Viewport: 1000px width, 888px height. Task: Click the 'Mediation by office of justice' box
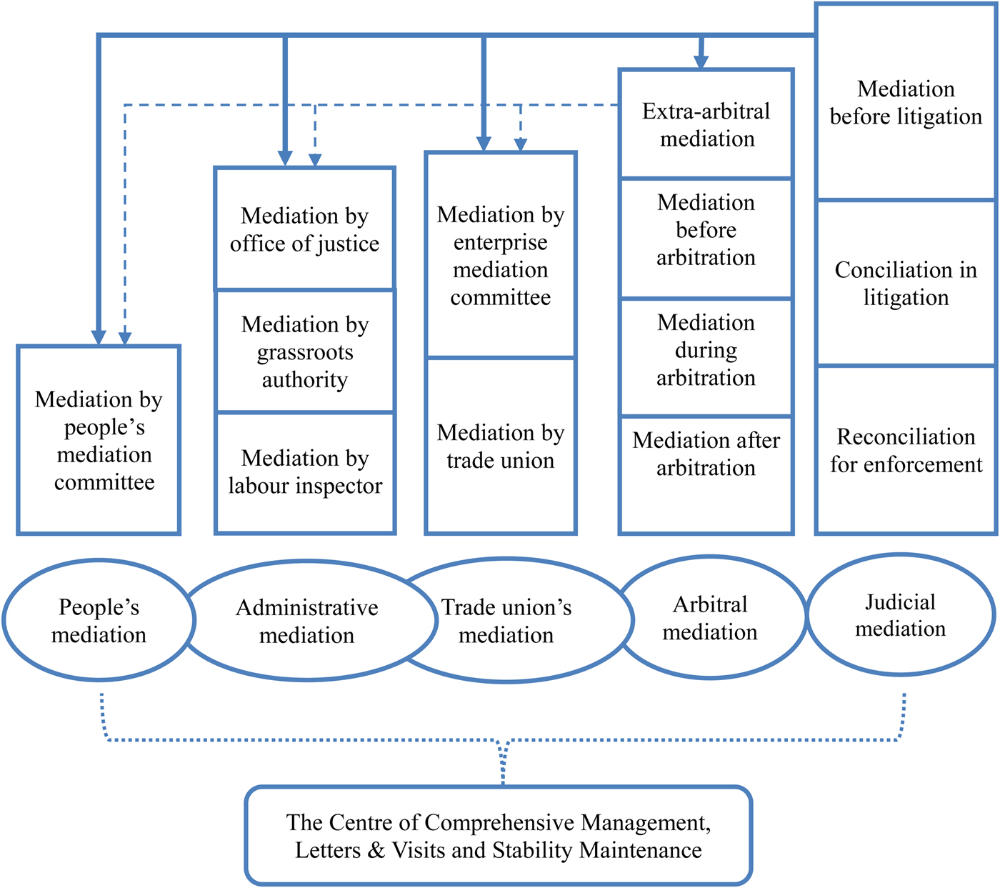305,229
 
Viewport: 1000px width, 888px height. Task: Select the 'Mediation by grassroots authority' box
305,351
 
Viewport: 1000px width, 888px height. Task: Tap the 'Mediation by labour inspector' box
305,472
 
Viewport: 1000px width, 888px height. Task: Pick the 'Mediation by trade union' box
501,447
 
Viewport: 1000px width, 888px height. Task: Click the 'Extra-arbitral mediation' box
706,124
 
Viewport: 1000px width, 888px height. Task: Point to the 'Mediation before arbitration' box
706,230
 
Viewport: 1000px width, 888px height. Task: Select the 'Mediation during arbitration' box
706,350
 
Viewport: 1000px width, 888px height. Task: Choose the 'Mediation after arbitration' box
706,454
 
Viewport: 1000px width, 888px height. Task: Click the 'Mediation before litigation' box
906,103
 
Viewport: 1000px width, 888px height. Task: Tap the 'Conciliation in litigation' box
906,284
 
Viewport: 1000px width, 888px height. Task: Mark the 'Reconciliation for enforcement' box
906,451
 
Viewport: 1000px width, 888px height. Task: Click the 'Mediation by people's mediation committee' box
99,440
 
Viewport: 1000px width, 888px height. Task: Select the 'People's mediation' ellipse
99,620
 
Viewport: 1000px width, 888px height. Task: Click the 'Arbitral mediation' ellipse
711,618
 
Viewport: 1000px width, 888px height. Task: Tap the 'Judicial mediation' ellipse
900,615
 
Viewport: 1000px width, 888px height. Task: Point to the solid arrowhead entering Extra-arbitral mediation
701,62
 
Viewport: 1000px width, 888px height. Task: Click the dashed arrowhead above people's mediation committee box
125,338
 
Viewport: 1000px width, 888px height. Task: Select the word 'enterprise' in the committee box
501,243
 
